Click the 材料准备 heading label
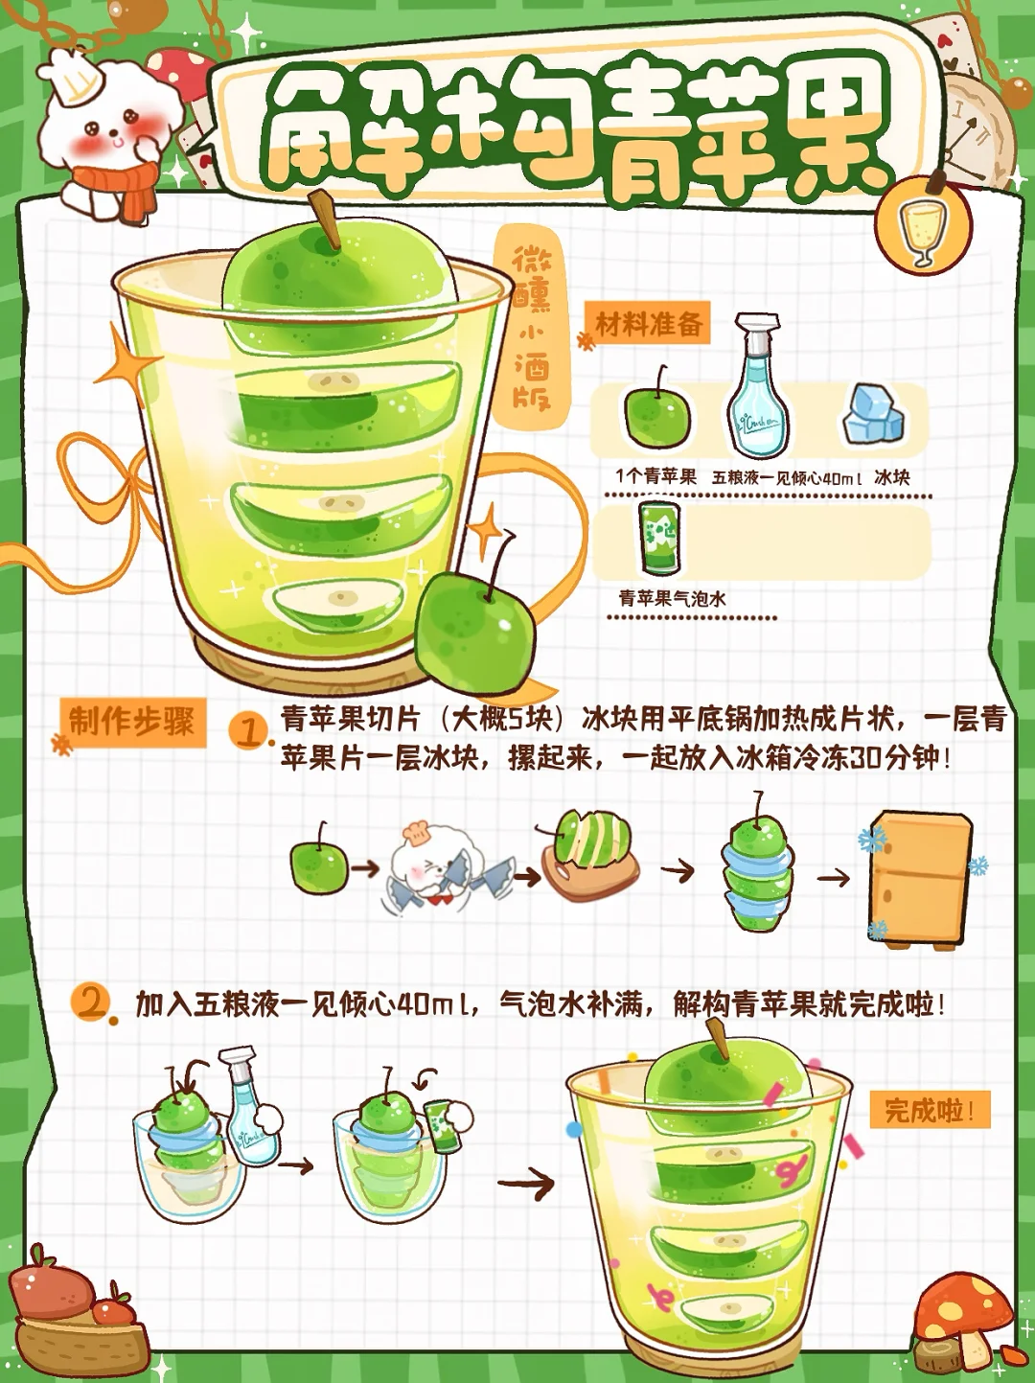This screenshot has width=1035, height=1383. (649, 325)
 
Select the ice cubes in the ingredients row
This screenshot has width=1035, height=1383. (874, 414)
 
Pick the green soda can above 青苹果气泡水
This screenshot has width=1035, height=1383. (659, 537)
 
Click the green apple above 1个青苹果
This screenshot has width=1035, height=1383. (657, 409)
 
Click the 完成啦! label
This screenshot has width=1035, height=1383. (930, 1110)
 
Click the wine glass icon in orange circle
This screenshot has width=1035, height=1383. (923, 225)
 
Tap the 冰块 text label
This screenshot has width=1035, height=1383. (892, 477)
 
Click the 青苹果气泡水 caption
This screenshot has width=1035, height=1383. (673, 598)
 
